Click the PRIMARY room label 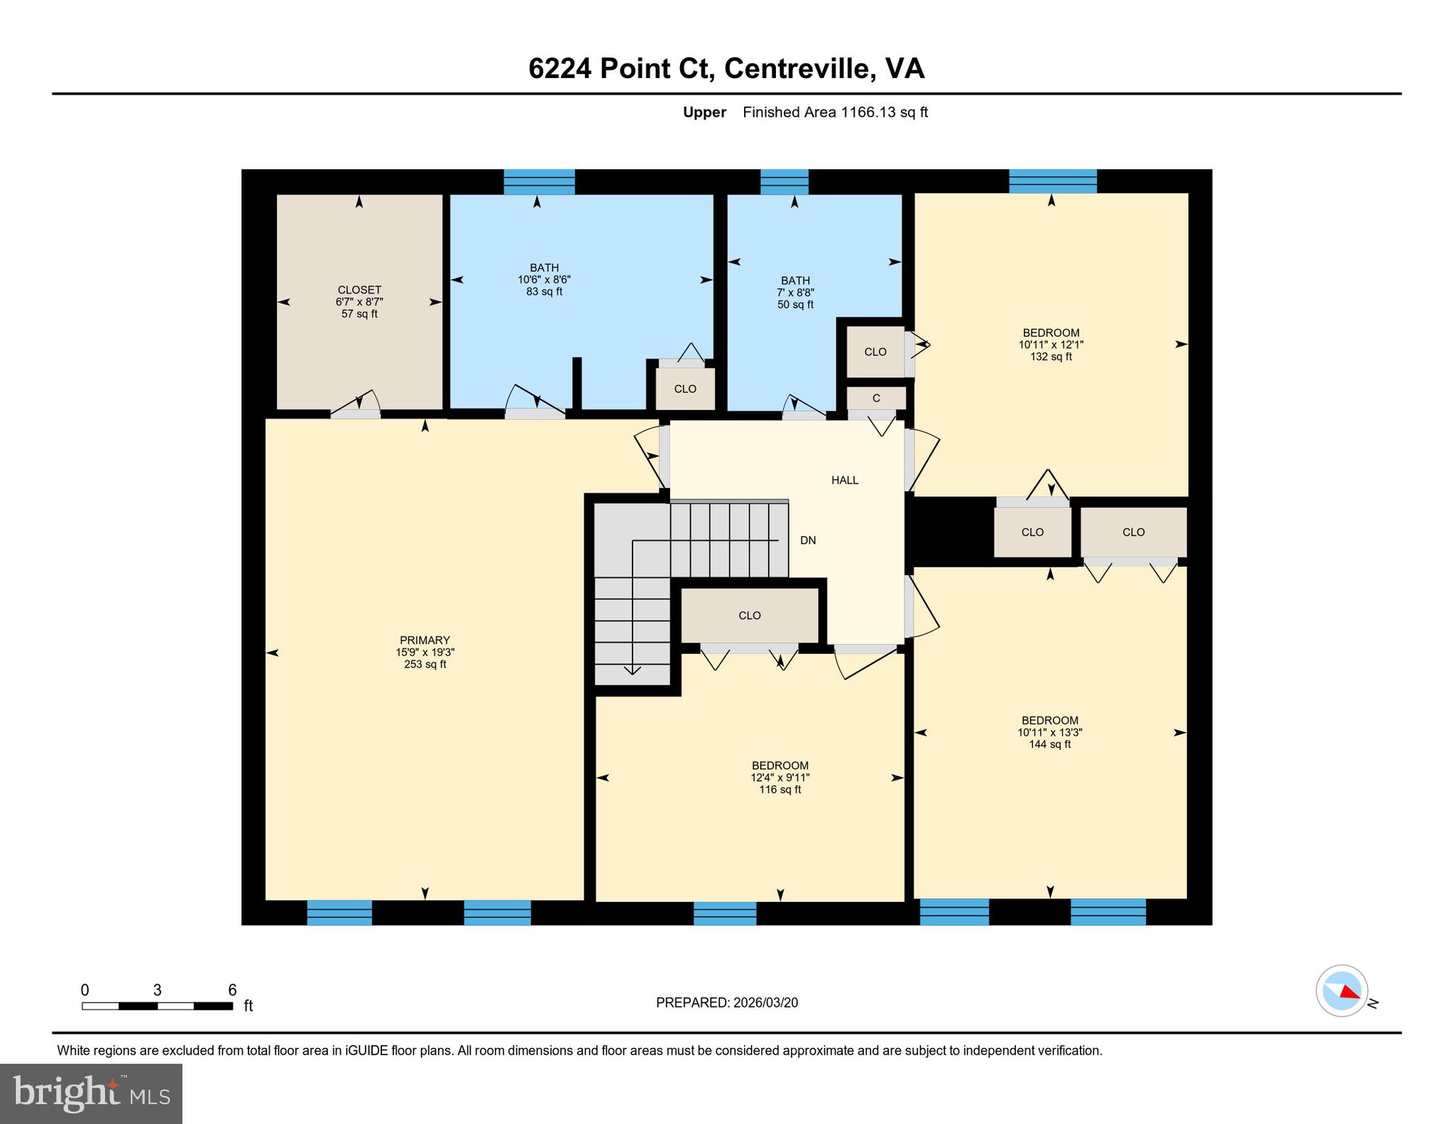[x=425, y=640]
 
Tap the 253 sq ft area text [x=425, y=665]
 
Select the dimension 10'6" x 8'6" [x=544, y=280]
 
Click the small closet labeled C [x=876, y=398]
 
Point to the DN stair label [x=808, y=540]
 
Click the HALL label [x=845, y=480]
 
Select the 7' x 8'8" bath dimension [x=795, y=293]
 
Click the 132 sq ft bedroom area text [x=1051, y=356]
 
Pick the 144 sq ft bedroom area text [x=1049, y=744]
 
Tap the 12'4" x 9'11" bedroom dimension [x=780, y=777]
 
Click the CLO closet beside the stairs [x=750, y=616]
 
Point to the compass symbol [x=1341, y=991]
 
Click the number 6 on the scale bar [x=232, y=990]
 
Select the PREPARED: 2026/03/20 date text [x=726, y=1003]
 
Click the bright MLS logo [x=91, y=1093]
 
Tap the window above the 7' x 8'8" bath [x=784, y=182]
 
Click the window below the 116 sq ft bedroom [x=724, y=913]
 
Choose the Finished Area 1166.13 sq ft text [x=835, y=112]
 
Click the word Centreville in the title [x=797, y=69]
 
